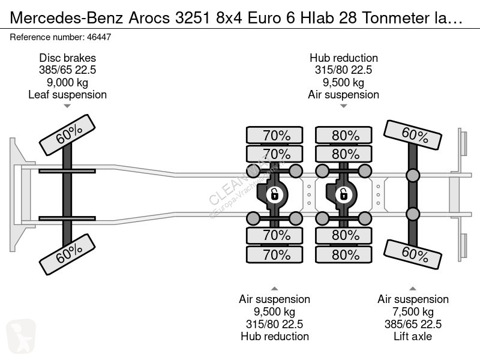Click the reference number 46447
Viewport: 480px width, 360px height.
99,37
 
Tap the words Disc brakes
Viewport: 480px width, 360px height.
67,58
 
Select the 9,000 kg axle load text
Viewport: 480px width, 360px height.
67,82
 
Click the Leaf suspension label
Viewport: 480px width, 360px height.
67,95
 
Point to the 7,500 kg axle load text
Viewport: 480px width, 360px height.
413,311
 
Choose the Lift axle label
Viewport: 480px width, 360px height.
413,336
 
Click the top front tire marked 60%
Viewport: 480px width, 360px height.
67,135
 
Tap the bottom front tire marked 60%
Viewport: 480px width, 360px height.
67,254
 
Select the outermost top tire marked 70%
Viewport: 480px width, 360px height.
275,135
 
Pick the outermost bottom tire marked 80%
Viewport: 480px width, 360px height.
344,254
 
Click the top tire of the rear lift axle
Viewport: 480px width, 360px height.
413,135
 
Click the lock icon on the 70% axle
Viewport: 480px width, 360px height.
274,194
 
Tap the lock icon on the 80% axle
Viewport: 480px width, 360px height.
343,194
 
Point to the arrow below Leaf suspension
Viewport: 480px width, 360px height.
67,106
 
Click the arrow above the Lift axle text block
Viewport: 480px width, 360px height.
413,289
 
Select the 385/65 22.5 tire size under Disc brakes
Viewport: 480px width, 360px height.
67,70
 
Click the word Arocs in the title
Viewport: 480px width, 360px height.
149,18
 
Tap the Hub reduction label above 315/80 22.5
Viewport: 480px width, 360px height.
343,58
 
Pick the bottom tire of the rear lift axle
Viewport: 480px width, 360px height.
413,254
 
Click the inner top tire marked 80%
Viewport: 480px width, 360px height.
344,154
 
